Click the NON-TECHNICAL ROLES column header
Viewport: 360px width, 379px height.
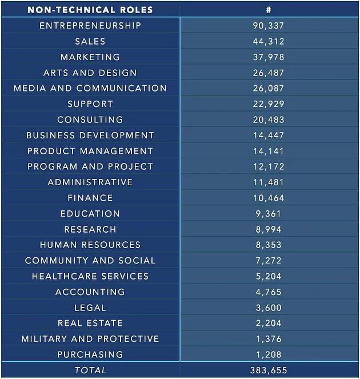[x=90, y=10]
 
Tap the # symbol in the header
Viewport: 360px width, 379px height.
[x=269, y=10]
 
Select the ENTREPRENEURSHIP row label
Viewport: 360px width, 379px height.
[x=90, y=26]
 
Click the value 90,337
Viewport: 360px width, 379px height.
[x=269, y=26]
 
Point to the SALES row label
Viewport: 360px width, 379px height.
[x=90, y=41]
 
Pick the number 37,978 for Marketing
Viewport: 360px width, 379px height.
[x=269, y=57]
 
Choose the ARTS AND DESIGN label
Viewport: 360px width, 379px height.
[x=90, y=73]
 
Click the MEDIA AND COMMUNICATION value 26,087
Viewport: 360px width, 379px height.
[x=269, y=88]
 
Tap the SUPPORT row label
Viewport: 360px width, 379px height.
[x=90, y=104]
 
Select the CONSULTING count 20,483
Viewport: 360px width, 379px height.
[x=269, y=119]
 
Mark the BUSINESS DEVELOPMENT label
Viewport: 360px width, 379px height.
[x=90, y=135]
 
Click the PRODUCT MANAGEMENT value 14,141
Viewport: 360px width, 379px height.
[x=269, y=151]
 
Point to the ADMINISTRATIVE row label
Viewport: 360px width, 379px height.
[x=90, y=182]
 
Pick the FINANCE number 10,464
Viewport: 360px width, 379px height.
[x=269, y=198]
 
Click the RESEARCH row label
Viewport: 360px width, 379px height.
[x=90, y=229]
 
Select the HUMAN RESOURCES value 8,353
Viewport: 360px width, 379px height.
[x=269, y=245]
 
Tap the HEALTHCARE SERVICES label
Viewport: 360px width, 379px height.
[x=90, y=276]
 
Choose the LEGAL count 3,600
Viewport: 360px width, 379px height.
[x=269, y=308]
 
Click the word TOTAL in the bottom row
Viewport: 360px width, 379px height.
[x=90, y=370]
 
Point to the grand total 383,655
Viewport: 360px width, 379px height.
[x=269, y=370]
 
